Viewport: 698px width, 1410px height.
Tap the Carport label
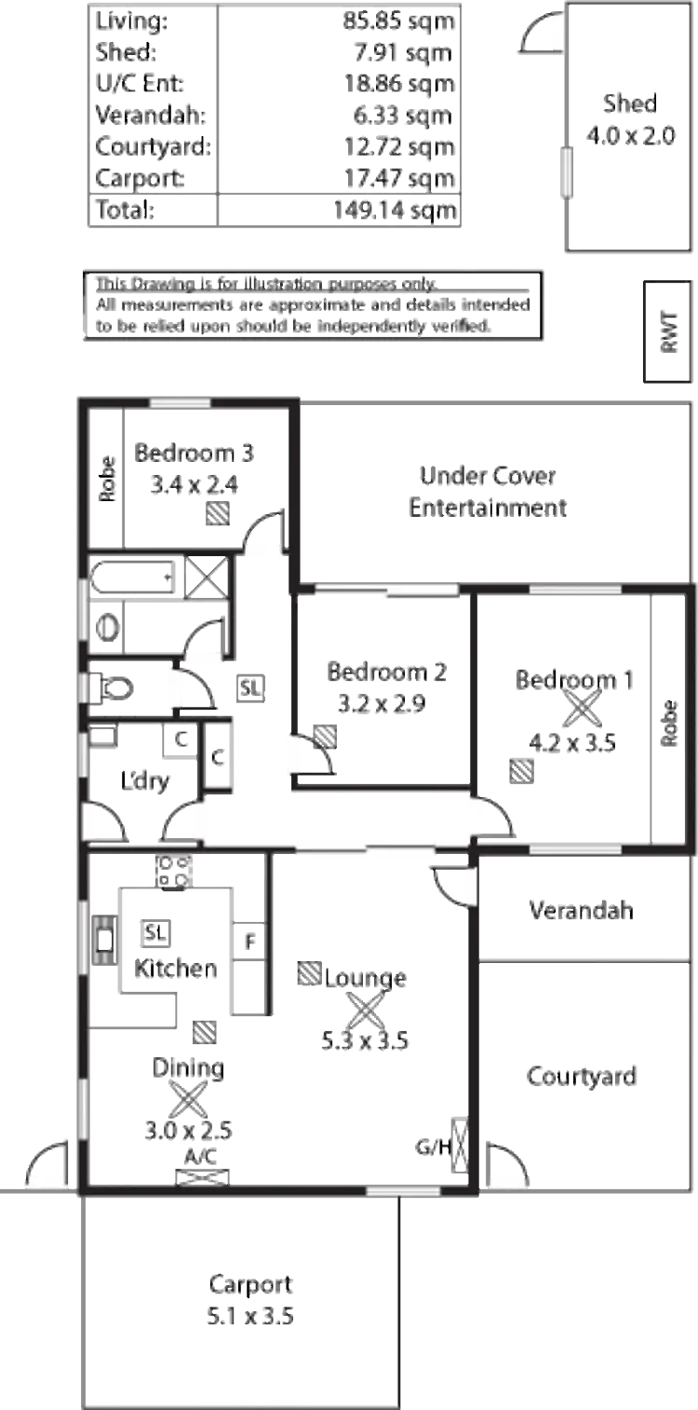tap(252, 1286)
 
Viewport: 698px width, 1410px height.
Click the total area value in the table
tap(395, 210)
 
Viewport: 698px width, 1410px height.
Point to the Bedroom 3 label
tap(195, 453)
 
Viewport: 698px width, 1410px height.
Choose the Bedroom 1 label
tap(576, 680)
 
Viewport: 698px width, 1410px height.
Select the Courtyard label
tap(583, 1077)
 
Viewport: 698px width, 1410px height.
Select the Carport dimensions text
tap(252, 1317)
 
